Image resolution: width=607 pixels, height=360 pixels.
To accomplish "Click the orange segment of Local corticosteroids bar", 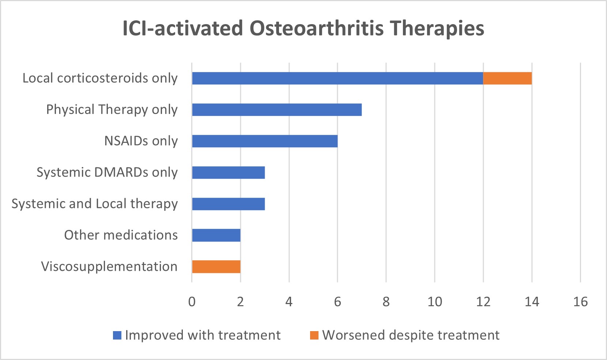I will pos(507,78).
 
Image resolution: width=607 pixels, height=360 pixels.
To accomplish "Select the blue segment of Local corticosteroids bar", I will pos(338,78).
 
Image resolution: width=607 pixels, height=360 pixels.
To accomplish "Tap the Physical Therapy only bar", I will pos(277,110).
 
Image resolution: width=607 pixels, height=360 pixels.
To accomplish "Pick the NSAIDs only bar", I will pos(265,141).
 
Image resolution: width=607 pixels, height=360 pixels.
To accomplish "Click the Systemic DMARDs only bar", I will pos(228,173).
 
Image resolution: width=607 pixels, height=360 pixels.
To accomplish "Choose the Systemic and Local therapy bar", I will pos(228,204).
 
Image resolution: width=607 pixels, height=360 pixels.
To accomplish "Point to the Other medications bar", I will pos(216,235).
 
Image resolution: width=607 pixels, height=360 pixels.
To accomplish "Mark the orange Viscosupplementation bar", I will pos(216,267).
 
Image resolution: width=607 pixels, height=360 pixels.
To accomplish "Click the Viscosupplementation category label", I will pos(109,267).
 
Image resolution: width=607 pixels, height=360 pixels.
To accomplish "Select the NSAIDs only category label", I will pos(141,141).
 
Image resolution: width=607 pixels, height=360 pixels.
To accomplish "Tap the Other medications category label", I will pos(121,235).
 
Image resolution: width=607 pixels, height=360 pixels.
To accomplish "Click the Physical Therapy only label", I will pos(112,110).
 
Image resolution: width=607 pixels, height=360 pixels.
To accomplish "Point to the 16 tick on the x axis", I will pos(580,302).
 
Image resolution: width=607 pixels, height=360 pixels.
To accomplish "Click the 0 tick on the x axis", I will pos(192,302).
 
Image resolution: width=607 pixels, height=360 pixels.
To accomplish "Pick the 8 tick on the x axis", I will pos(386,302).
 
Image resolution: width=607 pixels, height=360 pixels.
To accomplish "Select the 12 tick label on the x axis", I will pos(483,302).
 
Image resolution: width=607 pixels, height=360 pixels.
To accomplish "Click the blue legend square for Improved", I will pos(117,335).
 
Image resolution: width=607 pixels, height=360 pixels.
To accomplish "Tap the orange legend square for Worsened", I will pos(314,335).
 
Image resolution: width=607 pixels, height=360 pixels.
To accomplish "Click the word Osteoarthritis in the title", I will pos(316,29).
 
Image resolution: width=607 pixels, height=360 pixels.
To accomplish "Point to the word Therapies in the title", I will pos(437,29).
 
